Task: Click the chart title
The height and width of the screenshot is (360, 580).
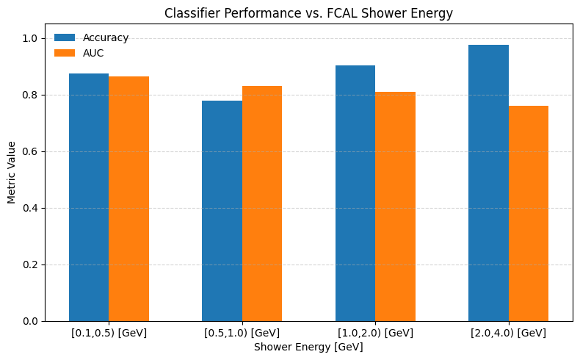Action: pos(308,13)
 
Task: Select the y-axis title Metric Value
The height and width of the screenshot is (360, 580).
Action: pos(12,173)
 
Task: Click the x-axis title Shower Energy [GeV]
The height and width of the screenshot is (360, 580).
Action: pos(308,347)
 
